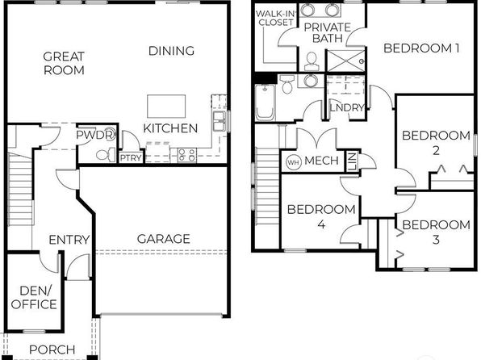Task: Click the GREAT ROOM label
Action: (x=64, y=63)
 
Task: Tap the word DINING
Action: (x=171, y=51)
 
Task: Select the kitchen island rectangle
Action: (x=166, y=107)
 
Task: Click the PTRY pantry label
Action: (x=131, y=157)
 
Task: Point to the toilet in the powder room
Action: (x=106, y=155)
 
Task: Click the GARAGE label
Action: (x=164, y=239)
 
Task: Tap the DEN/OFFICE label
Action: (x=34, y=297)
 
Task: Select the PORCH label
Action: (x=52, y=350)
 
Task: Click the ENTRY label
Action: (x=69, y=240)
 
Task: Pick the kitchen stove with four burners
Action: (x=186, y=155)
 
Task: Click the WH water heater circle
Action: (x=293, y=162)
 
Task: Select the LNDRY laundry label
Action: (x=347, y=107)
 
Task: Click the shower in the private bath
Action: (x=345, y=61)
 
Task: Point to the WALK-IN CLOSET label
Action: (x=276, y=18)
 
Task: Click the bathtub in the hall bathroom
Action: (x=265, y=103)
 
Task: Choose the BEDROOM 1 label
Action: (x=421, y=48)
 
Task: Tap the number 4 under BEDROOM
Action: (x=321, y=224)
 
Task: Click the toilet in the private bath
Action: (x=312, y=61)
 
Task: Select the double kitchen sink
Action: (x=219, y=121)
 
